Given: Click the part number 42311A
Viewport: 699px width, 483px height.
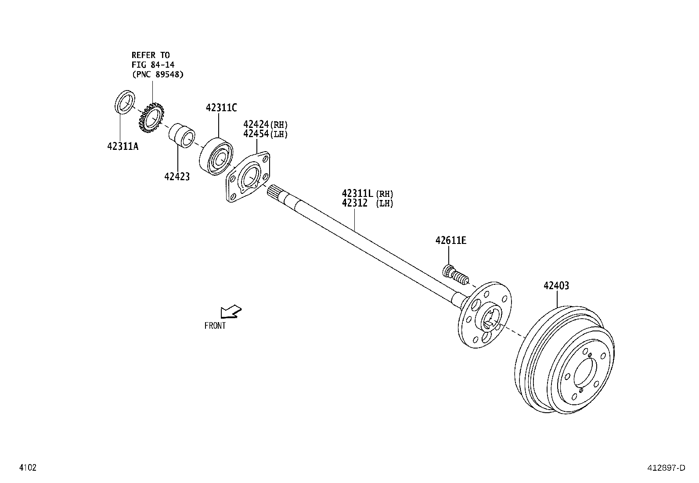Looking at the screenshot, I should [123, 146].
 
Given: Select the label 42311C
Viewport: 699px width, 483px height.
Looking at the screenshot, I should [221, 108].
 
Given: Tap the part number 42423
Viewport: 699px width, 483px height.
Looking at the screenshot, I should [177, 177].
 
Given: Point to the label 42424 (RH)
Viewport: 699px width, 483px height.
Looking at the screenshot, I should [265, 124].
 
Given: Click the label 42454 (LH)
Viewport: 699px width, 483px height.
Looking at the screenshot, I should [265, 134].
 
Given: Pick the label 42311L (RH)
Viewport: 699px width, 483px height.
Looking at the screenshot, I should [368, 193].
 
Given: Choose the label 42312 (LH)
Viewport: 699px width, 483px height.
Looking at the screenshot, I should [368, 203].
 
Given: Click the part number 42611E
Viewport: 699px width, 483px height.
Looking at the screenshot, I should [451, 240].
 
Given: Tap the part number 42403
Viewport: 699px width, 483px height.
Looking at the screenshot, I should [556, 286].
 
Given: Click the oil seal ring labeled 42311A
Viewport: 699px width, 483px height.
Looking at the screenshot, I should [125, 102].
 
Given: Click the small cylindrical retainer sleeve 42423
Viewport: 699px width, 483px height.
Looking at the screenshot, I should [183, 136].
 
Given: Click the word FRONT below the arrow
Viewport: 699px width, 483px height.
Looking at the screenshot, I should [215, 326].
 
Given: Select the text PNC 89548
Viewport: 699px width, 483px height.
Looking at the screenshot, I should [158, 74].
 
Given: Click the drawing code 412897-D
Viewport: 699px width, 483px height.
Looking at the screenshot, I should [665, 468].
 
